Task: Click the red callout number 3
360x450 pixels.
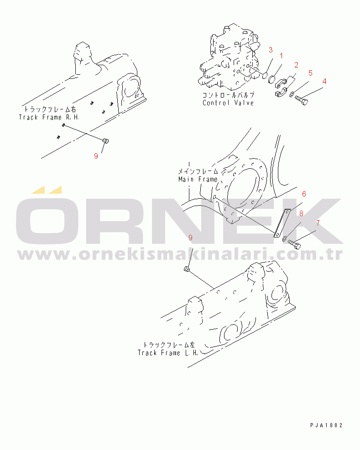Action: tap(271, 50)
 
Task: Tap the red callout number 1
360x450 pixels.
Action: tap(281, 56)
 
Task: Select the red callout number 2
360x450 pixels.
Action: tap(296, 65)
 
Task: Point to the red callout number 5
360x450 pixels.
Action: tap(310, 73)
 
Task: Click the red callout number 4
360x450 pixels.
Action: tap(324, 81)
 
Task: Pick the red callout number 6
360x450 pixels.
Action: tap(304, 194)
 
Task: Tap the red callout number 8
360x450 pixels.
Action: tap(301, 213)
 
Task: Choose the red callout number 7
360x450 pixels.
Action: tap(318, 223)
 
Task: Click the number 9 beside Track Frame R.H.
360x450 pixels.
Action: tap(96, 156)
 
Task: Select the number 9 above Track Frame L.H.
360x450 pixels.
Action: tap(190, 238)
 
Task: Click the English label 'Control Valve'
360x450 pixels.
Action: tap(228, 103)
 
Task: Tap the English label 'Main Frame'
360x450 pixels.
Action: tap(198, 179)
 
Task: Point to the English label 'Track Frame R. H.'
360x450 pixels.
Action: tap(49, 117)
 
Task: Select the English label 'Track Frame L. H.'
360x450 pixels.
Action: tap(168, 353)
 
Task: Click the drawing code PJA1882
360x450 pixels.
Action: tap(326, 425)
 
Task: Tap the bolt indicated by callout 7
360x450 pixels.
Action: tap(294, 244)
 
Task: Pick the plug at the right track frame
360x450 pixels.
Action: tap(106, 140)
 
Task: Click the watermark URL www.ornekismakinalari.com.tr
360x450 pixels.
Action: tap(180, 253)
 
